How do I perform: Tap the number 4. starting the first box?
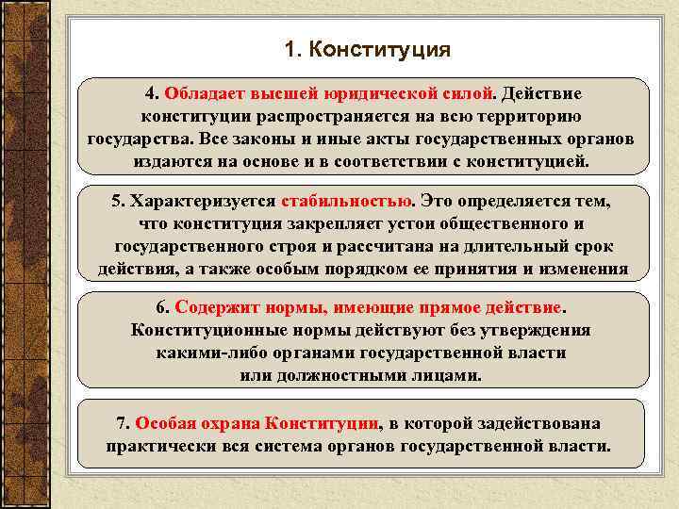[152, 94]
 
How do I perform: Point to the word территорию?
[533, 117]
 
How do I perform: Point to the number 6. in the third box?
[163, 308]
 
